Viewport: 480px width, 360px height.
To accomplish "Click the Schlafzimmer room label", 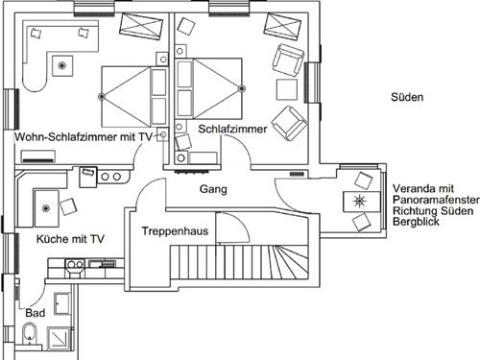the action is click(x=232, y=129).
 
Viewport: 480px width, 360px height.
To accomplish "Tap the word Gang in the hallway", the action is click(x=213, y=189).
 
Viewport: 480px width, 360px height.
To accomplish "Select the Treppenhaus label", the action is click(x=175, y=231).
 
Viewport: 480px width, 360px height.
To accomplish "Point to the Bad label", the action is click(x=36, y=313).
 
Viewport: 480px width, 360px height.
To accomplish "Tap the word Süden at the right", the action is click(x=407, y=97).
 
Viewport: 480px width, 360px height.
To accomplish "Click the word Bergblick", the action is click(x=416, y=222).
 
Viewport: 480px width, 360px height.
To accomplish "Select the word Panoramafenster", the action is click(x=436, y=200).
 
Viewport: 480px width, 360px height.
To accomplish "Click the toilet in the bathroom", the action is click(x=30, y=333).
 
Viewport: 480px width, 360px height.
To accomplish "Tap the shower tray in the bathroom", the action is click(x=59, y=338).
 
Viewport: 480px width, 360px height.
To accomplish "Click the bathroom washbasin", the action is click(x=62, y=303).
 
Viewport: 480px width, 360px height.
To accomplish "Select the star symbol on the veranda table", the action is click(x=360, y=202).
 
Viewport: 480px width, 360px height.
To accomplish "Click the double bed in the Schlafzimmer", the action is click(x=208, y=88).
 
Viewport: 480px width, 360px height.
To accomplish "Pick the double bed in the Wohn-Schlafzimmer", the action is click(x=134, y=97).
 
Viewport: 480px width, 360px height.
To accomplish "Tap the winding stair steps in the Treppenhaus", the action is click(x=288, y=262).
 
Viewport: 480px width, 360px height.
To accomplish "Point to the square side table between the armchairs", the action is click(x=287, y=89).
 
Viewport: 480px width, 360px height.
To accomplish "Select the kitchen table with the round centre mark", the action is click(x=47, y=208).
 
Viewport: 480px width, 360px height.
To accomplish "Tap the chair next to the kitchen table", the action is click(x=68, y=206).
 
